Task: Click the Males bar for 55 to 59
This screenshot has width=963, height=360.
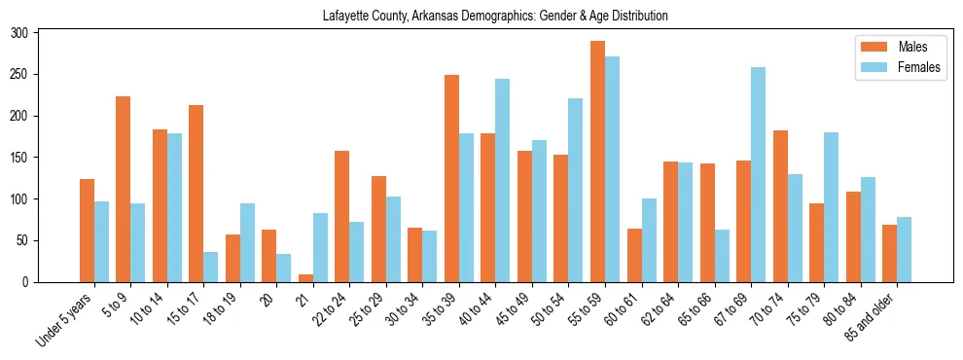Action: tap(597, 162)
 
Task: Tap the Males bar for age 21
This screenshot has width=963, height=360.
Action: tap(305, 278)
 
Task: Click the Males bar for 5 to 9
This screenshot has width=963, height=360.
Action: tap(124, 190)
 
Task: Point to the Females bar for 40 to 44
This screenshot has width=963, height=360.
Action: tap(503, 181)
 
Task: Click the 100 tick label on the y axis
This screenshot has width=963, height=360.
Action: tap(28, 199)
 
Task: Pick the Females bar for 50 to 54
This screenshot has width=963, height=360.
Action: tap(576, 191)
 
